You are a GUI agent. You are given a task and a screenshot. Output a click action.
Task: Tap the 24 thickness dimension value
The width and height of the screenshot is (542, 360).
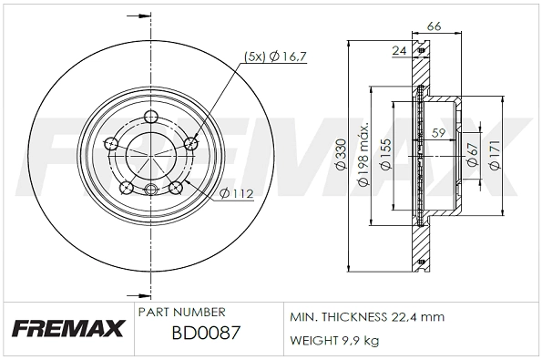coord(399,52)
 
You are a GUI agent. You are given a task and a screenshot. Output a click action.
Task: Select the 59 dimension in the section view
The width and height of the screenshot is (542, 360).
coord(438,132)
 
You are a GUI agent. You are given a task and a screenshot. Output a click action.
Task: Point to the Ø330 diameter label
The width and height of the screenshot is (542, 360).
coord(340,159)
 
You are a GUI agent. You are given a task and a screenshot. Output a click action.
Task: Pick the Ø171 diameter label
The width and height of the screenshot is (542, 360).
coord(494,158)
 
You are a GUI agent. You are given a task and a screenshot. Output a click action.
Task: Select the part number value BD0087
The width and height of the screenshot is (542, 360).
coord(205,333)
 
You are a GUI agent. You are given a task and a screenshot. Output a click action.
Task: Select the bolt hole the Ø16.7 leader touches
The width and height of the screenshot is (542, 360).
coord(191,143)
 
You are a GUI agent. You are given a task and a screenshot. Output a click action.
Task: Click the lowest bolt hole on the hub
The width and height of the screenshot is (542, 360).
coord(152,190)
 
